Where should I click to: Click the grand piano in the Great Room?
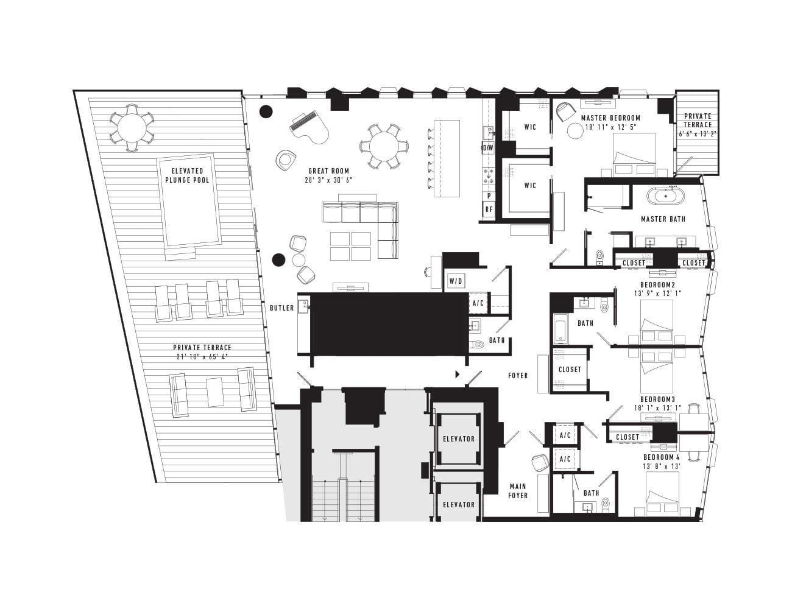pyautogui.click(x=309, y=128)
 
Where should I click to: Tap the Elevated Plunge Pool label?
pyautogui.click(x=188, y=175)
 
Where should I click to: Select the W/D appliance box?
pyautogui.click(x=456, y=281)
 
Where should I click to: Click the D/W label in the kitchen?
pyautogui.click(x=488, y=148)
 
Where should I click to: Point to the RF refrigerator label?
pyautogui.click(x=489, y=209)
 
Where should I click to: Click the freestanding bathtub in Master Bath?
pyautogui.click(x=666, y=196)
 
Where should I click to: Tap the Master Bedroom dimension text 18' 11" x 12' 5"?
pyautogui.click(x=610, y=127)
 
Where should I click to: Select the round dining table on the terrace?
pyautogui.click(x=132, y=128)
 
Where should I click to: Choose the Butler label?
pyautogui.click(x=281, y=308)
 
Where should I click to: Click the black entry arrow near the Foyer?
pyautogui.click(x=458, y=375)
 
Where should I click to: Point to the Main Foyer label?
pyautogui.click(x=518, y=491)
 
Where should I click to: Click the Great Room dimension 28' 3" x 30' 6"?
pyautogui.click(x=328, y=180)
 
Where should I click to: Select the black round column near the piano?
pyautogui.click(x=266, y=111)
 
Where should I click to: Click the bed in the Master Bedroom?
pyautogui.click(x=635, y=155)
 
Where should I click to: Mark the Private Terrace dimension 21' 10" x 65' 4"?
pyautogui.click(x=202, y=357)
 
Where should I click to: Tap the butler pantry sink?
pyautogui.click(x=303, y=306)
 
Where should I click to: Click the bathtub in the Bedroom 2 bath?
pyautogui.click(x=561, y=329)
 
